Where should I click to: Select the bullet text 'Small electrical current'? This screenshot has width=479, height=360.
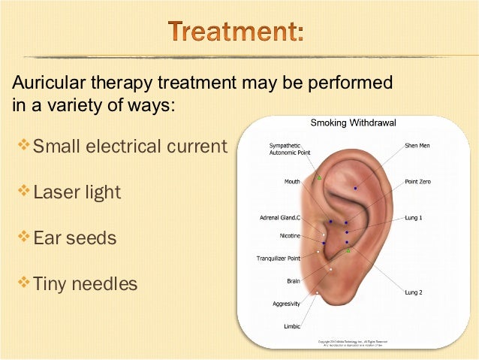point(129,146)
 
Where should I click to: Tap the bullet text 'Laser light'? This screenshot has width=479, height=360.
point(77,192)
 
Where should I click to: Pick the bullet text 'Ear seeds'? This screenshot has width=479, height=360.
point(75,238)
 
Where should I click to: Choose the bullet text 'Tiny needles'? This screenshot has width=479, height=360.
point(86,284)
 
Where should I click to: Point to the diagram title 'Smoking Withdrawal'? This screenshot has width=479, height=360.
point(353,122)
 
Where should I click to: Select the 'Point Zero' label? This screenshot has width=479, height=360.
point(418,181)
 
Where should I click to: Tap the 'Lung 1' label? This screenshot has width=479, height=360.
point(414,217)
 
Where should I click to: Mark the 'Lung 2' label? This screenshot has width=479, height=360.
point(414,291)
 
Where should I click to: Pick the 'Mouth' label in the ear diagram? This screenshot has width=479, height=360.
point(292,181)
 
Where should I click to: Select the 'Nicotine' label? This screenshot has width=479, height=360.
point(290,235)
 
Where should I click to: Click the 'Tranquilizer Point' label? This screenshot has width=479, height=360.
point(279,258)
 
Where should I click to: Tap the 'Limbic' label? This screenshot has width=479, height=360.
point(291,327)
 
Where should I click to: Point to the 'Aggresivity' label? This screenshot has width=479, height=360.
point(286,304)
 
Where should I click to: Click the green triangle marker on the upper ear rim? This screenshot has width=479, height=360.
point(318,177)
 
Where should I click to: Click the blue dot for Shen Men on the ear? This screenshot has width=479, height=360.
point(355,187)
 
